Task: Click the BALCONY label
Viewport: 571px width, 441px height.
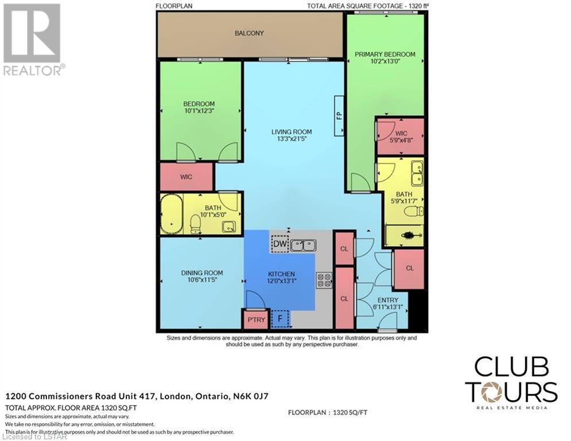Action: click(249, 33)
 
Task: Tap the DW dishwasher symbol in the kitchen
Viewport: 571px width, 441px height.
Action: click(280, 244)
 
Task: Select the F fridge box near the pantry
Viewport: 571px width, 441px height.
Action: click(280, 319)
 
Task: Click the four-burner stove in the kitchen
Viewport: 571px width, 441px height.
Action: click(324, 280)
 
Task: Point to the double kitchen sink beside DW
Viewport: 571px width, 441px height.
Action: click(304, 245)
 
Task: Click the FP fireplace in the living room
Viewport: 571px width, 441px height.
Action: click(339, 115)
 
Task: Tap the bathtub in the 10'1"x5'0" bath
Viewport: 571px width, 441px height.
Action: click(172, 214)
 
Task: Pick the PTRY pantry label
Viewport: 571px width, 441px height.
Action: click(257, 320)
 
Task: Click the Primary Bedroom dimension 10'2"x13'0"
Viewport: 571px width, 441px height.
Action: click(385, 61)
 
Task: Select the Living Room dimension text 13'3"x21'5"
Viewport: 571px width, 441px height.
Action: click(292, 139)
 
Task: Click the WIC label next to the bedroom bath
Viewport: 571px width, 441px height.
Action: click(186, 177)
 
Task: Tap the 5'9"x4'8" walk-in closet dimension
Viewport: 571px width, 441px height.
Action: click(401, 140)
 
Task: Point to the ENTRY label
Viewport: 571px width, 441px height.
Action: click(388, 300)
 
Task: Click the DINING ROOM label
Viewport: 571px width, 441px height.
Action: click(202, 273)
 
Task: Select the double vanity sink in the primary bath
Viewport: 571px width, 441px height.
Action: click(417, 173)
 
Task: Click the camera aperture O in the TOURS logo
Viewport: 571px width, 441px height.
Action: click(492, 392)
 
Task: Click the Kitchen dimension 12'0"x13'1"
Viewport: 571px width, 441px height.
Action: click(282, 281)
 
